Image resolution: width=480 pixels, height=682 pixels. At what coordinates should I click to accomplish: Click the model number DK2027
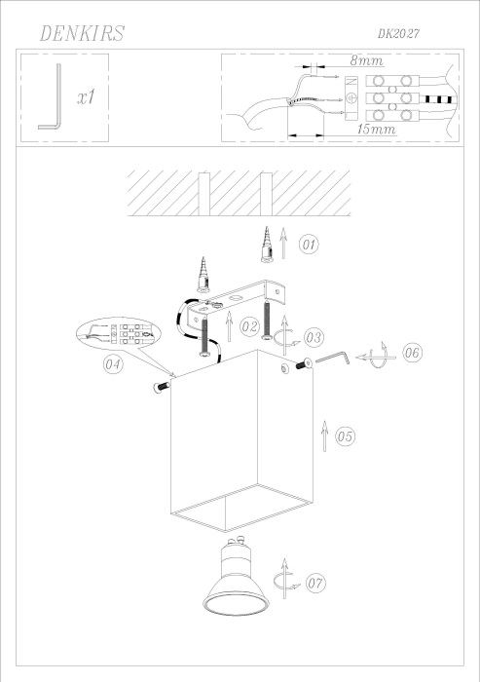coord(404,33)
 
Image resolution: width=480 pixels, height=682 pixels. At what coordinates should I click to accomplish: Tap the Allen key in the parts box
coord(50,96)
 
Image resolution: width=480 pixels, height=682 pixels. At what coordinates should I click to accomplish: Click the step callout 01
coord(309,244)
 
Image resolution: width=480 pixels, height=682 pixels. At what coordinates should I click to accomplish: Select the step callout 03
coord(314,337)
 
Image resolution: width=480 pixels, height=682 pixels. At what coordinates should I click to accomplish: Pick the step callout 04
coord(113,365)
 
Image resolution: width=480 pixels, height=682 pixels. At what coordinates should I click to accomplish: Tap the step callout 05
coord(346,437)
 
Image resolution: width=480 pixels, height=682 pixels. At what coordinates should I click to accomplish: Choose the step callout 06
coord(411,353)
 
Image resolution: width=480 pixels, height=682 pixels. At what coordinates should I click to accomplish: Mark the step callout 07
coord(314,584)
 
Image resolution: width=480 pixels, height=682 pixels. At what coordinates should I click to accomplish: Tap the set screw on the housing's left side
coord(158,389)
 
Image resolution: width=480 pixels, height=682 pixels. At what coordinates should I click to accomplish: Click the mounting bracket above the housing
coord(243,297)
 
